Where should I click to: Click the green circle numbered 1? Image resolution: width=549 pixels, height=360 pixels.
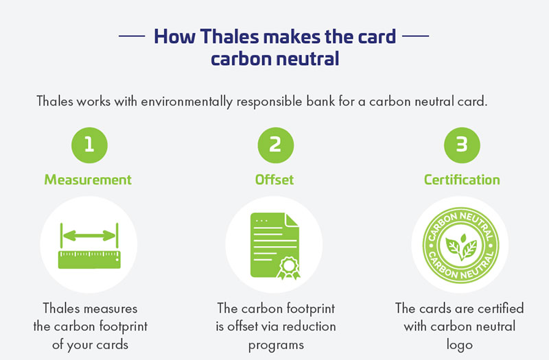pos(89,145)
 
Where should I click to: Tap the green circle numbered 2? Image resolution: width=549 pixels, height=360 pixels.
pos(276,145)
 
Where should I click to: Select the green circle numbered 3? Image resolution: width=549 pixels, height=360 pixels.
pos(462,145)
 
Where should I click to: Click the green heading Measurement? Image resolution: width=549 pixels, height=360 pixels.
pos(88,180)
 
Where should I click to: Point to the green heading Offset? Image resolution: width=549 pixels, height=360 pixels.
pos(274,180)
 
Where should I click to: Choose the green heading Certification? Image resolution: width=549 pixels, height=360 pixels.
pos(462,180)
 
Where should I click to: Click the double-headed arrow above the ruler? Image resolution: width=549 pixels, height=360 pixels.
pos(89,236)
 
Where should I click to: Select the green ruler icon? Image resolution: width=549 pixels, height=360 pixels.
pos(89,260)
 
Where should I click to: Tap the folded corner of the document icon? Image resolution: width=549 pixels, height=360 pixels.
pos(292,220)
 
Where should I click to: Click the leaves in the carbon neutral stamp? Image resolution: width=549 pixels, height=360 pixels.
pos(461,247)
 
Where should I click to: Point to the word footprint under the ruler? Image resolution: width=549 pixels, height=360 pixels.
pos(124,327)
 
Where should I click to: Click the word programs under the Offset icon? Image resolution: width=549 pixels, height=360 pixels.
pos(276,346)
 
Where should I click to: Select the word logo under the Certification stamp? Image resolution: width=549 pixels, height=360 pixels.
pos(459,345)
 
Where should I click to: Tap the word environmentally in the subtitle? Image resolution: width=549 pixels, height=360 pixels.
pos(187,101)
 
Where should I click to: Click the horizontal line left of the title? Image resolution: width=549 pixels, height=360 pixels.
pos(132,36)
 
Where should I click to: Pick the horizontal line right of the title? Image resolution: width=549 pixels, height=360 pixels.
pos(416,36)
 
